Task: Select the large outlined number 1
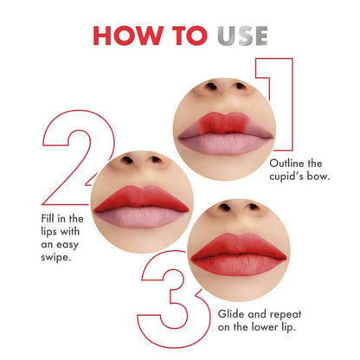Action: (x=285, y=95)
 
